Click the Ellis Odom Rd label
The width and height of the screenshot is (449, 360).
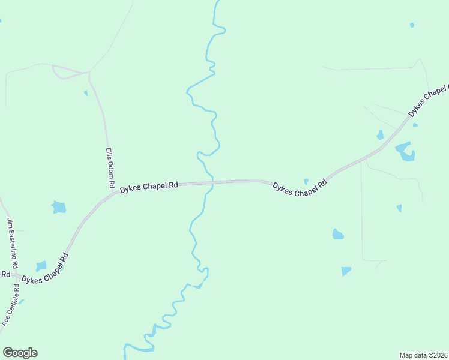pyautogui.click(x=110, y=169)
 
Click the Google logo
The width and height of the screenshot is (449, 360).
pyautogui.click(x=20, y=353)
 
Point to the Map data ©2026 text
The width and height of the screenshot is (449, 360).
pyautogui.click(x=424, y=355)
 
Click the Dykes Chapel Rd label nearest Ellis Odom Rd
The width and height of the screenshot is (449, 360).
pyautogui.click(x=149, y=187)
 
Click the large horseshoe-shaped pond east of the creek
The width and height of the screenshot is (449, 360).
pyautogui.click(x=405, y=152)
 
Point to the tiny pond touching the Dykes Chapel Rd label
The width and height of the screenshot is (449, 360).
pyautogui.click(x=306, y=181)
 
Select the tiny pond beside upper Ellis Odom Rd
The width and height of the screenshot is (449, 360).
pyautogui.click(x=86, y=93)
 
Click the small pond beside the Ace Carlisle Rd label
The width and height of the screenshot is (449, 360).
pyautogui.click(x=22, y=301)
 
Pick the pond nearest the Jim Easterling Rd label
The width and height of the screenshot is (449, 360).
pyautogui.click(x=41, y=266)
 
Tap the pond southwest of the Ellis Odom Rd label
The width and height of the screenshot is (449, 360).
pyautogui.click(x=58, y=208)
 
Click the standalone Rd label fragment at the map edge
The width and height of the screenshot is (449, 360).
pyautogui.click(x=5, y=274)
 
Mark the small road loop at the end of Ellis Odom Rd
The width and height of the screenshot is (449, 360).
pyautogui.click(x=62, y=73)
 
